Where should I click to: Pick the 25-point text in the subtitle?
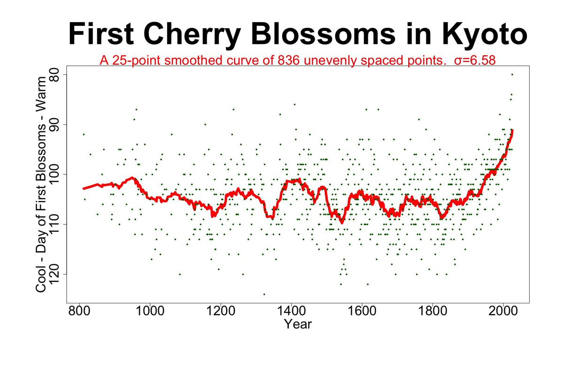pos(136,61)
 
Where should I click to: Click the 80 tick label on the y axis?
pos(53,75)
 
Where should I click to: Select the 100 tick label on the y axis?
pos(53,174)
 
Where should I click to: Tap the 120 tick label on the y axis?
pos(53,274)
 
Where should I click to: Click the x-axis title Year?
pos(298,325)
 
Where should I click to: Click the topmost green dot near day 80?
pos(512,74)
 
